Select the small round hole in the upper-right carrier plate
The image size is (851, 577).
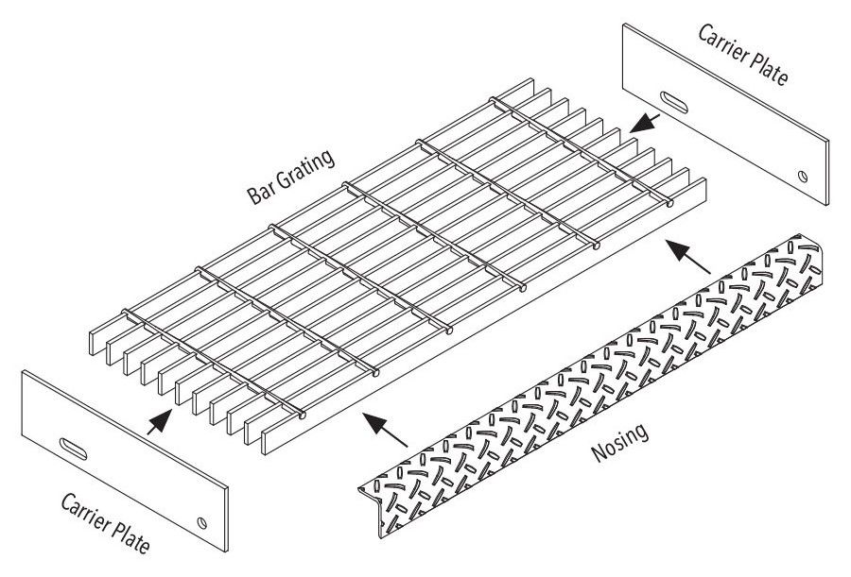pyautogui.click(x=802, y=176)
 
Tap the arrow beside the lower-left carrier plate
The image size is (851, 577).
pyautogui.click(x=161, y=420)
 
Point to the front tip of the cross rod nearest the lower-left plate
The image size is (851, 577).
pyautogui.click(x=302, y=416)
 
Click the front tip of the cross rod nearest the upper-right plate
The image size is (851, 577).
pyautogui.click(x=670, y=203)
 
